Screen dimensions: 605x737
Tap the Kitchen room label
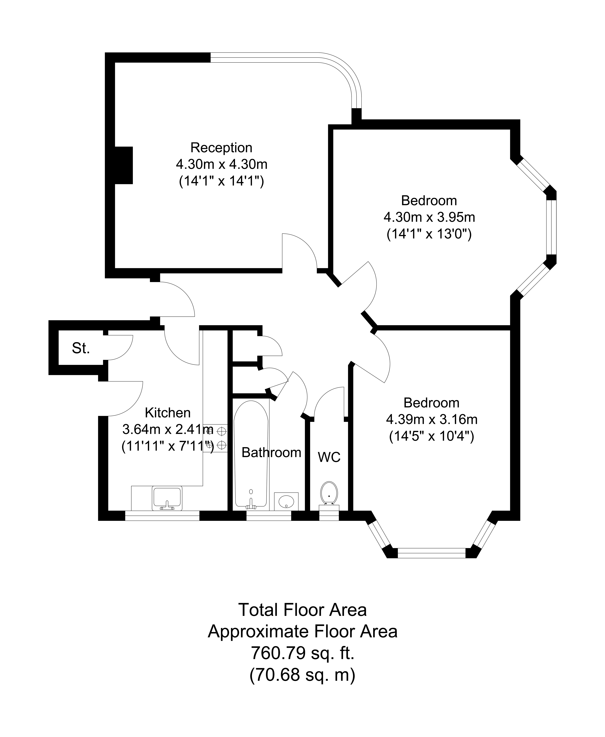click(168, 413)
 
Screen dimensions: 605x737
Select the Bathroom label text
click(271, 453)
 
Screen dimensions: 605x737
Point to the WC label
click(329, 457)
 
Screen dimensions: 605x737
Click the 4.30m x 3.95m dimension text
click(429, 217)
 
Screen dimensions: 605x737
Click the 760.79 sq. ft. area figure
click(302, 653)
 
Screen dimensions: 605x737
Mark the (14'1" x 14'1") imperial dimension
click(221, 181)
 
